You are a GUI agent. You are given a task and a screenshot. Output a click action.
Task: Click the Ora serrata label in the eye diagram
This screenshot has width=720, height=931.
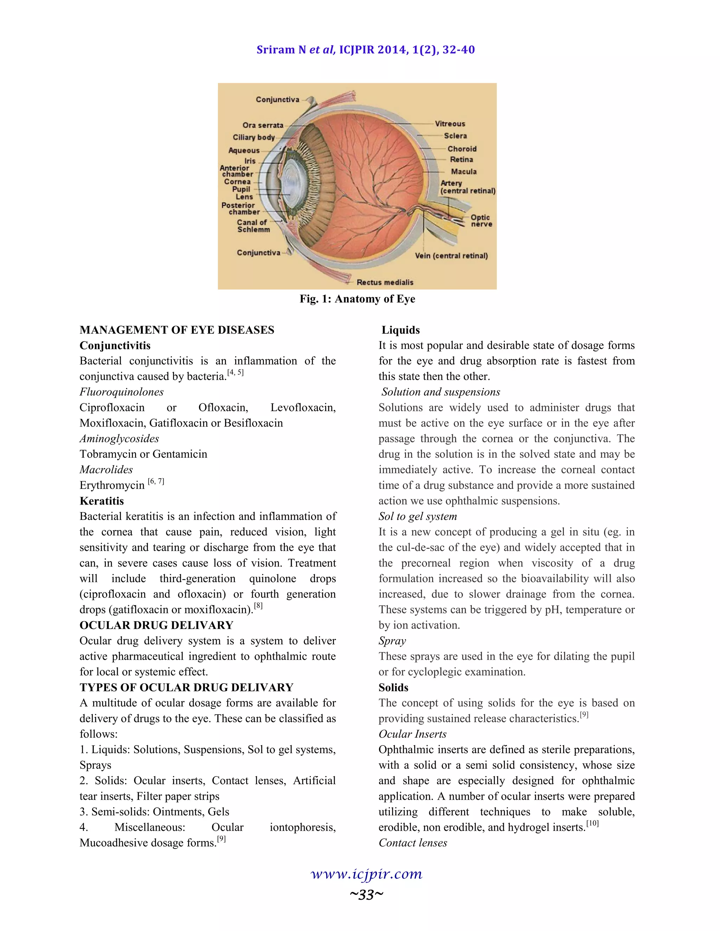(x=263, y=125)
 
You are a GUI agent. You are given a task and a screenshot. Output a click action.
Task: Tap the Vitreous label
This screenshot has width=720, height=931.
(x=450, y=124)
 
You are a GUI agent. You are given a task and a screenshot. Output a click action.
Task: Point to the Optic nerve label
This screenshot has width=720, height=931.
(x=481, y=221)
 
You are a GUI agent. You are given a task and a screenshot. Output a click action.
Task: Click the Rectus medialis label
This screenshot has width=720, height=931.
(x=385, y=282)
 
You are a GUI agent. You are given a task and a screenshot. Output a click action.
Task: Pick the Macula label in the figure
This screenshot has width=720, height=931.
(x=464, y=172)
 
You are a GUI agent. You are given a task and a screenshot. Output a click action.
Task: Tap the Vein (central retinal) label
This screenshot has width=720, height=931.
(x=451, y=256)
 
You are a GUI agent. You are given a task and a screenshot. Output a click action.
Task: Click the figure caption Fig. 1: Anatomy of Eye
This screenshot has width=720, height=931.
(x=357, y=299)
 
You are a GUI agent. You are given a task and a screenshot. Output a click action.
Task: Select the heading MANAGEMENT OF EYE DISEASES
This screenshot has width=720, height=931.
(x=176, y=330)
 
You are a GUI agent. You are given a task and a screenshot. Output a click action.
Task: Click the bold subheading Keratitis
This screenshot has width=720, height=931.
(x=102, y=501)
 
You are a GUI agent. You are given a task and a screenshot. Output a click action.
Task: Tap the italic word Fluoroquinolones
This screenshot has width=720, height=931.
(x=122, y=392)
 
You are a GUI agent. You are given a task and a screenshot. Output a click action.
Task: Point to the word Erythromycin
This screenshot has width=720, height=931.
(x=112, y=486)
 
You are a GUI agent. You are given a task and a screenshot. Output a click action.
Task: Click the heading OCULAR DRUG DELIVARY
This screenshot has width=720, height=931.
(x=156, y=625)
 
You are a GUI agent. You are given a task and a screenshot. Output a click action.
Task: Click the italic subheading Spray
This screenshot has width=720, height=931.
(x=392, y=641)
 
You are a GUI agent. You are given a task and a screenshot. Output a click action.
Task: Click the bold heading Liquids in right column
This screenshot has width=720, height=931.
(x=400, y=330)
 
